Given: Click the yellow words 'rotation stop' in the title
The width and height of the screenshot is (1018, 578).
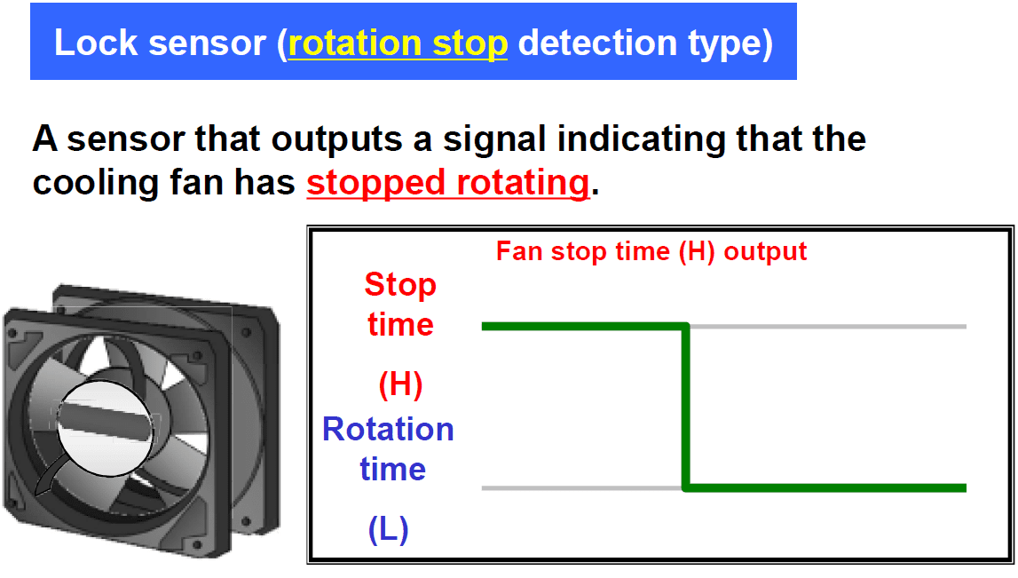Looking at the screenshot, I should [398, 43].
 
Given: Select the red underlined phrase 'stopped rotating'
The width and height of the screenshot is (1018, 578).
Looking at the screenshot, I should [447, 183].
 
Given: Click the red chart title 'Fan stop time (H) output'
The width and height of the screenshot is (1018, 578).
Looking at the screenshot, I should [651, 251].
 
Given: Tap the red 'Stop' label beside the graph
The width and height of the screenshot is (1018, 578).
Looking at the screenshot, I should [400, 285].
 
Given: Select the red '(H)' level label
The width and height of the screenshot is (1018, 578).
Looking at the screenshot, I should [400, 384].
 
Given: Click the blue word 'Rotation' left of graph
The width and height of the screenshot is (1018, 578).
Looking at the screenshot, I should [388, 429].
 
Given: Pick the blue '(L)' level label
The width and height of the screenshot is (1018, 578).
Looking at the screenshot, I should [388, 529].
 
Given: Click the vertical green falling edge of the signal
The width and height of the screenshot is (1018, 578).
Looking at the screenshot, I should [686, 407].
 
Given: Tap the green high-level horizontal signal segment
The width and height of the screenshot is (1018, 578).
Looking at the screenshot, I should [581, 327].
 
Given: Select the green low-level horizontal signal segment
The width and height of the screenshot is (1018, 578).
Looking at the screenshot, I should [825, 487].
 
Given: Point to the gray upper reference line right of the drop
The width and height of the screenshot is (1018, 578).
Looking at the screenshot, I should [825, 327].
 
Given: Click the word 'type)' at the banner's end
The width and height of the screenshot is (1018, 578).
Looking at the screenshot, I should [734, 43].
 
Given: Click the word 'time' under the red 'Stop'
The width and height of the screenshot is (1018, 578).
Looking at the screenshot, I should [400, 324].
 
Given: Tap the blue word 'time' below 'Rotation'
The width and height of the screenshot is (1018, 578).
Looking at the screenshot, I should [393, 469].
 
